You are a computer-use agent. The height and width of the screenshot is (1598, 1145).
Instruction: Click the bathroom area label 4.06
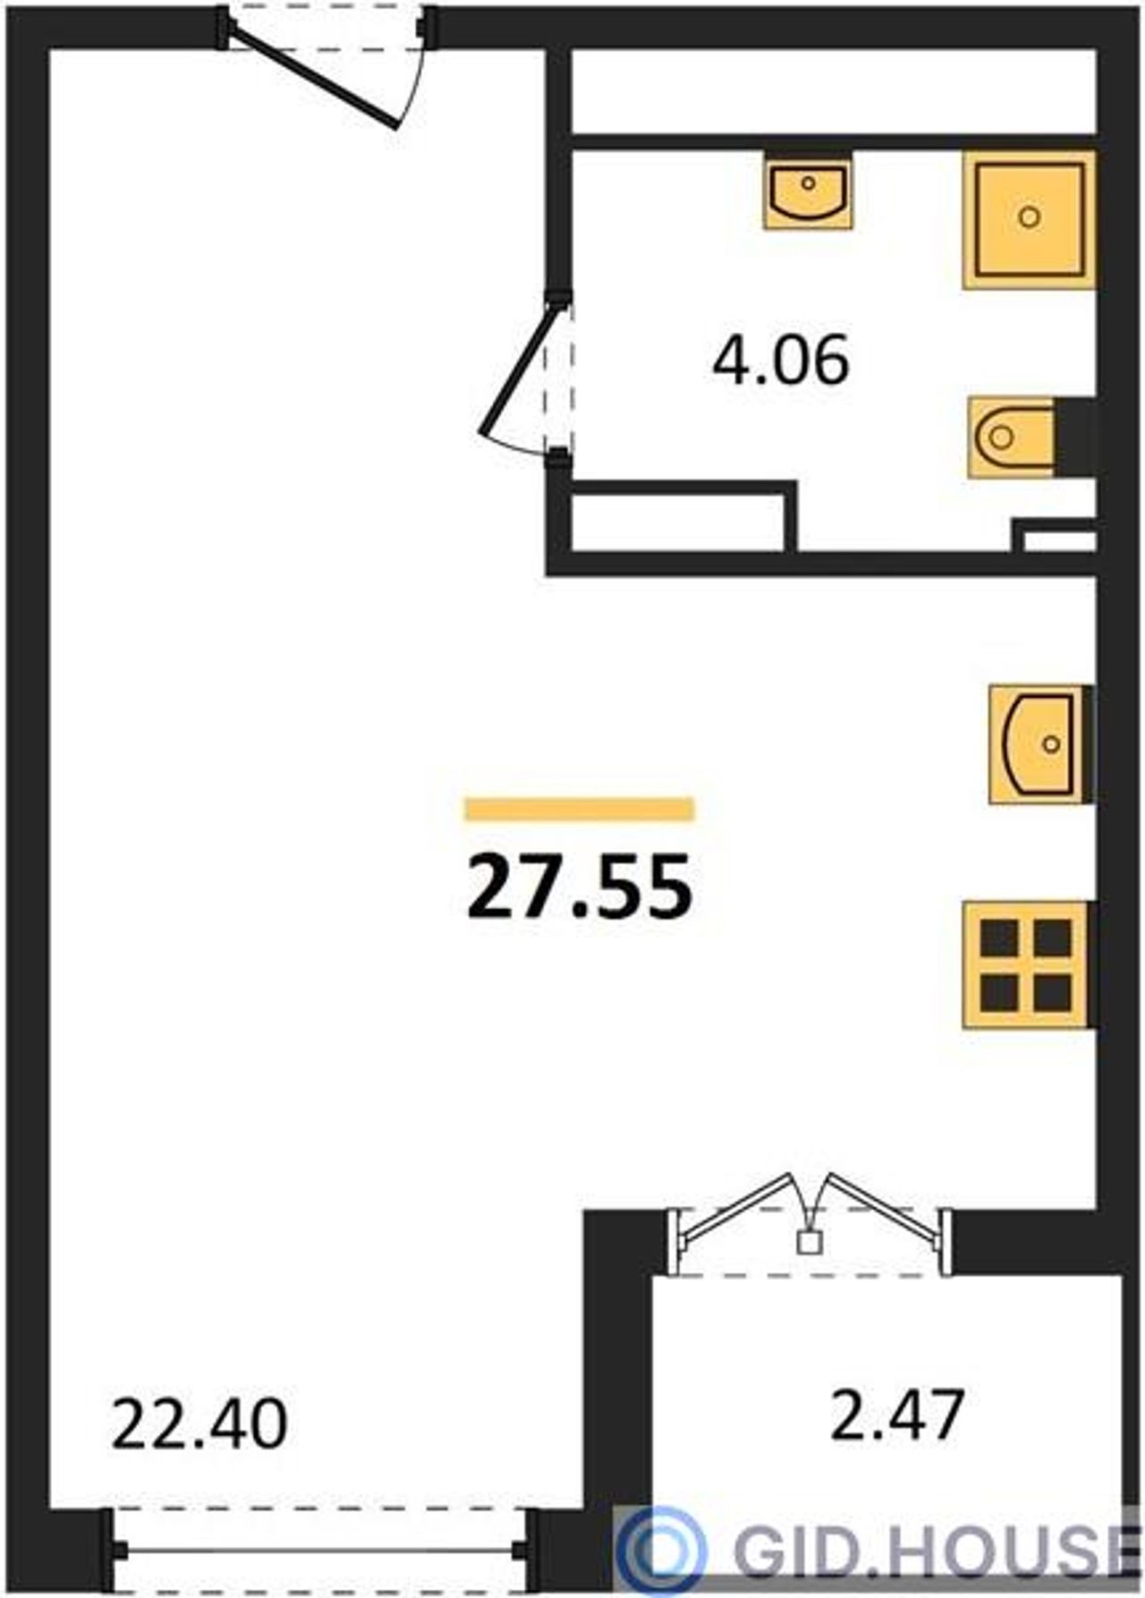pyautogui.click(x=780, y=360)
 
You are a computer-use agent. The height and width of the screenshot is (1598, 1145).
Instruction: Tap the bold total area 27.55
pyautogui.click(x=580, y=886)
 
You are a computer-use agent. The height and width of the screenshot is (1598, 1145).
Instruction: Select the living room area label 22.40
pyautogui.click(x=199, y=1424)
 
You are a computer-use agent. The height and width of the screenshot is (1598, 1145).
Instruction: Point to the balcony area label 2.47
pyautogui.click(x=897, y=1415)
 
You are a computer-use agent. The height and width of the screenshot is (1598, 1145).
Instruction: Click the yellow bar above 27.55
pyautogui.click(x=580, y=809)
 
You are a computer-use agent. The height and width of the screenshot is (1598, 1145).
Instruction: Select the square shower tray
pyautogui.click(x=1030, y=219)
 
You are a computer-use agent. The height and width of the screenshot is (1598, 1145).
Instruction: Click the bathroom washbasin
pyautogui.click(x=808, y=191)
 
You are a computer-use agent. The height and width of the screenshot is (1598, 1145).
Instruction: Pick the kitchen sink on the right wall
pyautogui.click(x=1039, y=744)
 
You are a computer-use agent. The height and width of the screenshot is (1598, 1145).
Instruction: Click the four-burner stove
pyautogui.click(x=1026, y=965)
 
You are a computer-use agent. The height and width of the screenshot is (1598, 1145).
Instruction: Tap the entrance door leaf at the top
pyautogui.click(x=313, y=75)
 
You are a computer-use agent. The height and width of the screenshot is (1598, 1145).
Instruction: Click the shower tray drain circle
pyautogui.click(x=1030, y=217)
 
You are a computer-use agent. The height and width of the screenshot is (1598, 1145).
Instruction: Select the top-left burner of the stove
pyautogui.click(x=999, y=938)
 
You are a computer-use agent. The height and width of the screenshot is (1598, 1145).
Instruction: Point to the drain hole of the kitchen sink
pyautogui.click(x=1052, y=744)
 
